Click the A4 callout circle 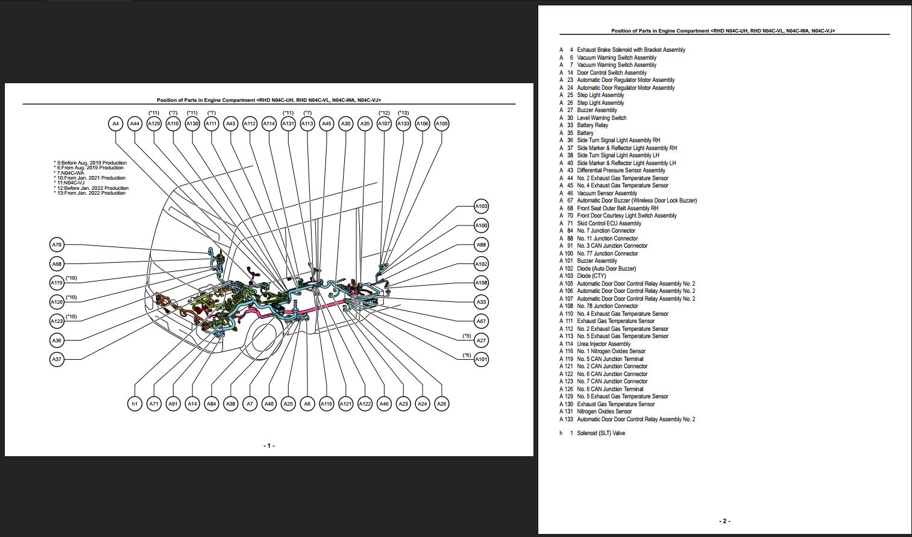115,124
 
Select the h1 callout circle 134,404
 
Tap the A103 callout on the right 481,206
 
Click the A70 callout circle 57,245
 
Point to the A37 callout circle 57,359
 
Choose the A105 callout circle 442,124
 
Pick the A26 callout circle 442,404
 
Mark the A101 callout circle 481,359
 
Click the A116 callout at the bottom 326,404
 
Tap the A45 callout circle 326,124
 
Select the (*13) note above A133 403,113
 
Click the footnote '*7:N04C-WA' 69,173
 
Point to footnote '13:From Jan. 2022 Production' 91,193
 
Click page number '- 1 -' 269,446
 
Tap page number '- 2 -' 725,521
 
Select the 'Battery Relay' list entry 593,125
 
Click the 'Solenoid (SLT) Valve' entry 600,433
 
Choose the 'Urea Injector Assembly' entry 603,344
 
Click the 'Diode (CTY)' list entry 591,276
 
